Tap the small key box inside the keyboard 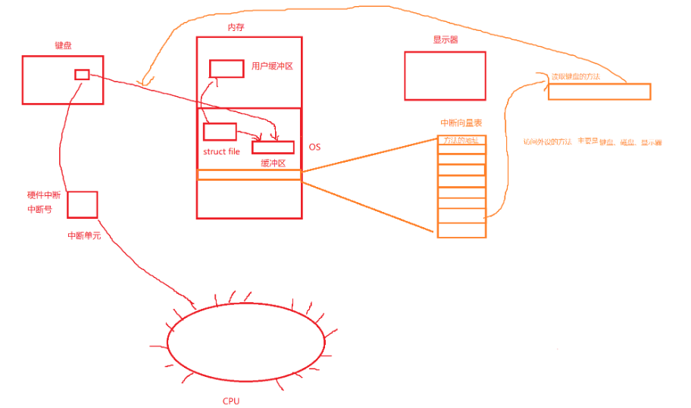point(82,74)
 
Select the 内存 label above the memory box point(236,27)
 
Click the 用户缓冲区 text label point(272,67)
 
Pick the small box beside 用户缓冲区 point(226,68)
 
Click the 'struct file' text point(221,151)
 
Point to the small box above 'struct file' point(220,132)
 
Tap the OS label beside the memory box point(314,147)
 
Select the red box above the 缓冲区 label point(273,148)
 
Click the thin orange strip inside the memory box point(249,175)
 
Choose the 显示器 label point(442,40)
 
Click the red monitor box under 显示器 point(444,76)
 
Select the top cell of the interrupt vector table point(461,140)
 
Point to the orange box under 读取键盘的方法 point(599,92)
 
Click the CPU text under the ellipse point(231,401)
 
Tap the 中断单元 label point(84,235)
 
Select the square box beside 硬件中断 point(83,204)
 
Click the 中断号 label point(39,210)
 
